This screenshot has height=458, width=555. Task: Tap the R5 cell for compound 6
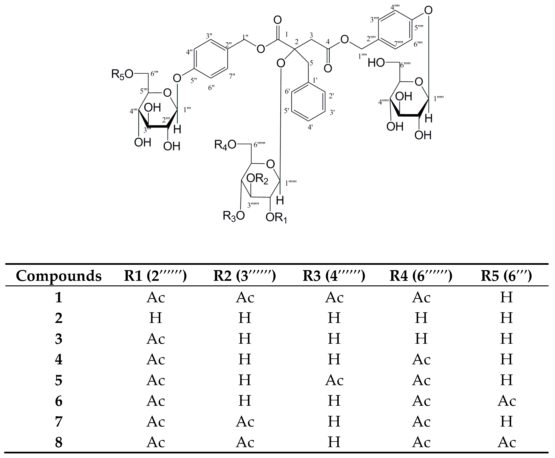[506, 401]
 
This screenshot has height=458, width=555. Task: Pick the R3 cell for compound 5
[334, 380]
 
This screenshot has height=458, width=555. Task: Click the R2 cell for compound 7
[245, 422]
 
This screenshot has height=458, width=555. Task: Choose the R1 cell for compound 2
[155, 318]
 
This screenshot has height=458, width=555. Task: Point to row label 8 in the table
[59, 442]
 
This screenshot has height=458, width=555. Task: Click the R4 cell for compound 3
[421, 339]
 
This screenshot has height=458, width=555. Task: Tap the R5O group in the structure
[122, 74]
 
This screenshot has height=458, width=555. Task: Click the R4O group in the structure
[225, 145]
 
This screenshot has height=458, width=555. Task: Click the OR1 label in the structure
[276, 218]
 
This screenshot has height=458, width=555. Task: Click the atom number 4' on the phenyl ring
[310, 127]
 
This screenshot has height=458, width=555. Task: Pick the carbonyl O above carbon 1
[277, 20]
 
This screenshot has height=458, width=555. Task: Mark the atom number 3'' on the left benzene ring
[209, 36]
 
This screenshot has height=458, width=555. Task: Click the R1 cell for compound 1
[155, 297]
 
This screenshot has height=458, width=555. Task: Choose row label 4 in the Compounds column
[59, 359]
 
